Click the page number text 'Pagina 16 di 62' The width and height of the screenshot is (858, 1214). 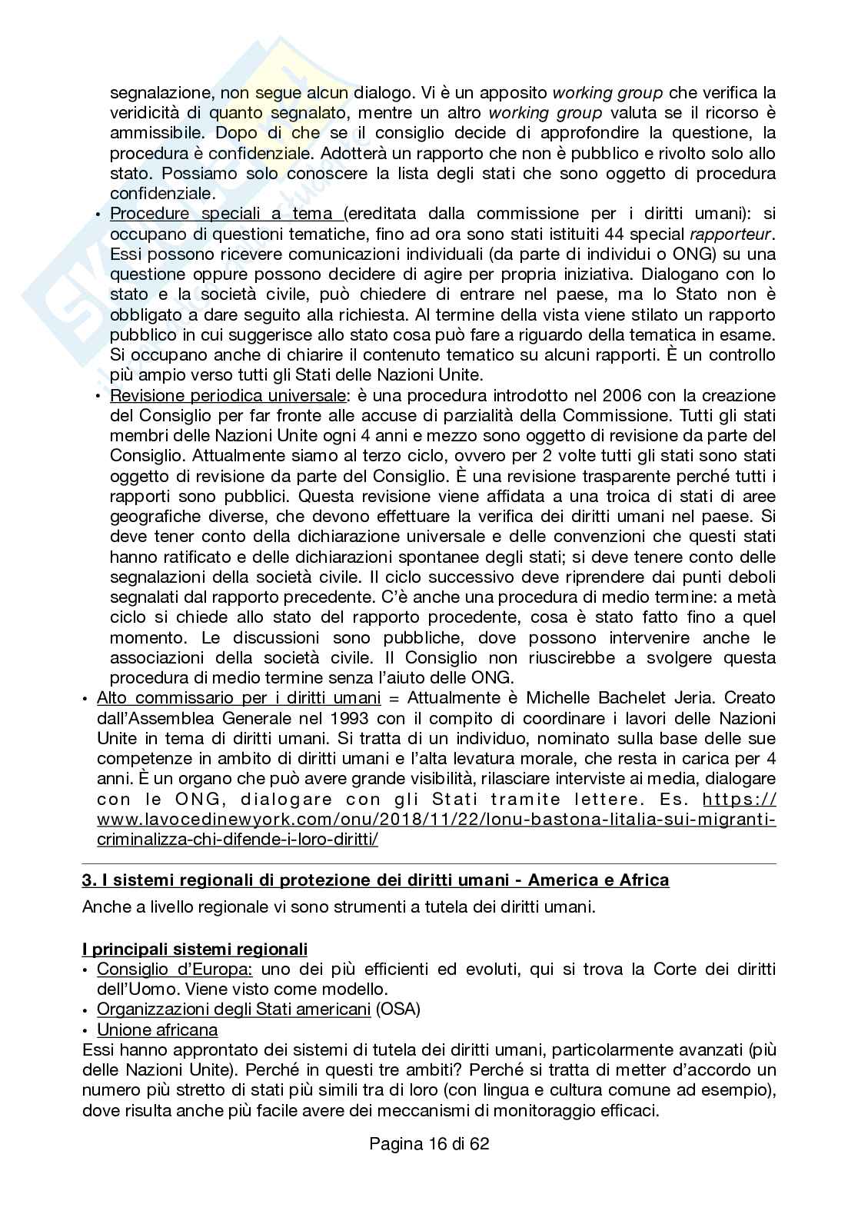(x=429, y=1143)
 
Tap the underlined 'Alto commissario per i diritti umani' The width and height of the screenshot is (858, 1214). (x=238, y=698)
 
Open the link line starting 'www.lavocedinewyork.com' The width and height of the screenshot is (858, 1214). (x=437, y=819)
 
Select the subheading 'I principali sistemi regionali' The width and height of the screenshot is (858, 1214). (x=195, y=949)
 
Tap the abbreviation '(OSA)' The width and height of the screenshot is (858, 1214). (x=397, y=1009)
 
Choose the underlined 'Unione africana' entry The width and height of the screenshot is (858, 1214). (x=158, y=1029)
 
